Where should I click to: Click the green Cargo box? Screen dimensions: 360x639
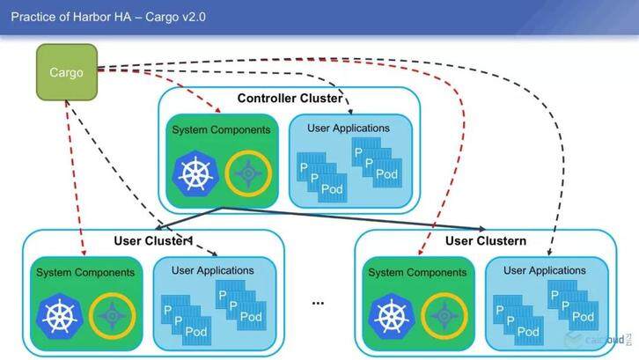pos(67,71)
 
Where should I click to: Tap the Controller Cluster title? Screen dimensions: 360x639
pos(290,99)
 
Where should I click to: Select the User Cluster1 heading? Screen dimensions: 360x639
pos(153,241)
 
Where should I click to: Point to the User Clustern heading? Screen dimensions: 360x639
pos(486,241)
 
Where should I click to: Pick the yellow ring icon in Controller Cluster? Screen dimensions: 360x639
pos(248,174)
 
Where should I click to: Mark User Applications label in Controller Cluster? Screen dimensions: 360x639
pos(349,129)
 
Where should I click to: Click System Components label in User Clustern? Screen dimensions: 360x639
pos(417,272)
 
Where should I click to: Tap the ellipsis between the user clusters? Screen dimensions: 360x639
pos(318,301)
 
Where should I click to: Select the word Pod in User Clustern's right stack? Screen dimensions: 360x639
pos(584,316)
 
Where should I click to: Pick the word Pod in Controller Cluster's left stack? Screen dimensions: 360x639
pos(332,188)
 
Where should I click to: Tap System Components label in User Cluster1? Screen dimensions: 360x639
pos(85,272)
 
